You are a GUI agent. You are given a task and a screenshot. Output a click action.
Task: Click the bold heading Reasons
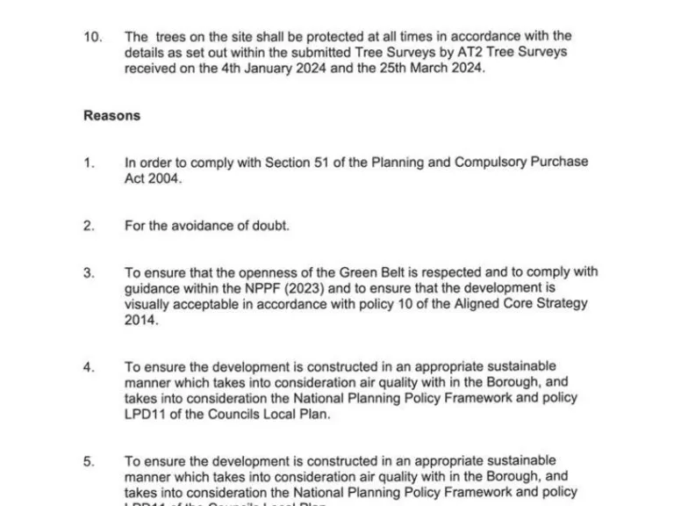[x=111, y=115]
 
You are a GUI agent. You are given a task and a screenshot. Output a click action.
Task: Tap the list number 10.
[x=93, y=36]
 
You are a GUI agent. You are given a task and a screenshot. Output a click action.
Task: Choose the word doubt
[x=270, y=226]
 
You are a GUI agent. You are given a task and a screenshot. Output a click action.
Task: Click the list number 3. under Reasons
[x=89, y=273]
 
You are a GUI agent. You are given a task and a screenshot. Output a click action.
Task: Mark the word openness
[x=256, y=273]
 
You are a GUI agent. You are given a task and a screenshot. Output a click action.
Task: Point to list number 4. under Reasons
[x=89, y=367]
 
